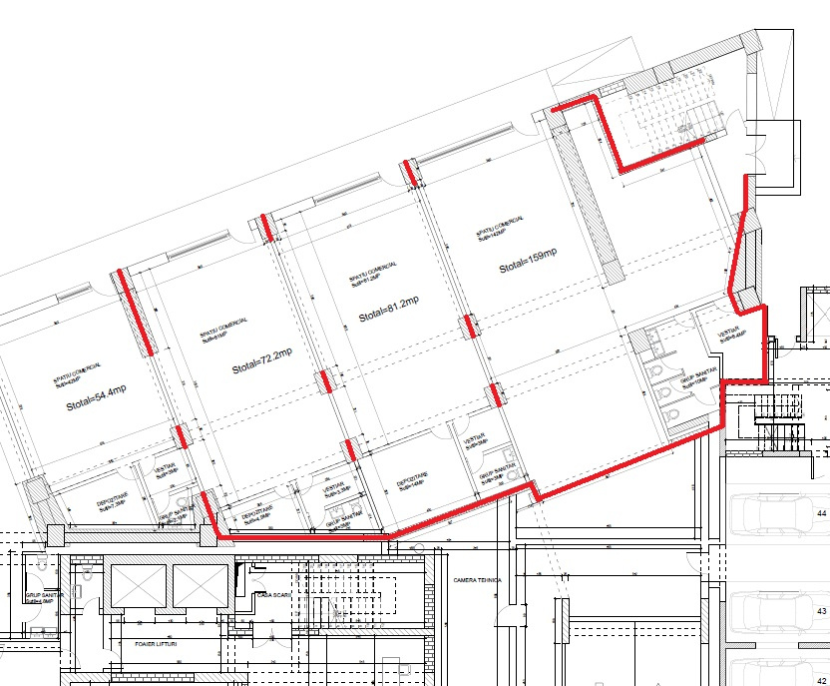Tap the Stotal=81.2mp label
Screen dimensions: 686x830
tap(389, 309)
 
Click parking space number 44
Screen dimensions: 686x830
tap(822, 513)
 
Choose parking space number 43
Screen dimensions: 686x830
tap(822, 610)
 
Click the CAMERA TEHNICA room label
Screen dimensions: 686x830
tap(477, 579)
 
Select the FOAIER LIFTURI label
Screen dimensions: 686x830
tap(163, 645)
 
